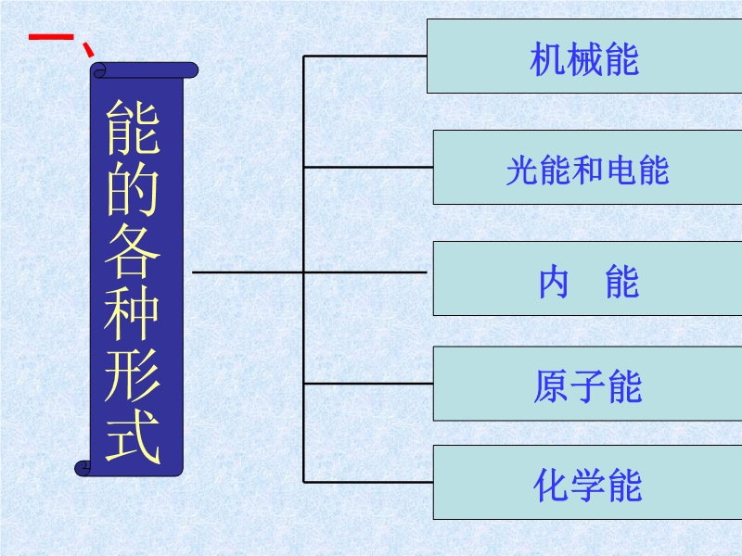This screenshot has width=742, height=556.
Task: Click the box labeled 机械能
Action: (x=584, y=57)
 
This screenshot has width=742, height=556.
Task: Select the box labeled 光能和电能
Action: (x=588, y=168)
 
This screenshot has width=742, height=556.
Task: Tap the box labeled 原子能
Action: (x=588, y=384)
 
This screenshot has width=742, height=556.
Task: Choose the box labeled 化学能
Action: (x=588, y=482)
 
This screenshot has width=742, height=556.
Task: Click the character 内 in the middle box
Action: (x=554, y=282)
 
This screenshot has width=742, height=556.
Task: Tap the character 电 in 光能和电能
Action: (x=620, y=171)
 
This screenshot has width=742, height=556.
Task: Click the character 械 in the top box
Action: (x=584, y=59)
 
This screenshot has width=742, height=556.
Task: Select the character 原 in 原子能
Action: (x=551, y=386)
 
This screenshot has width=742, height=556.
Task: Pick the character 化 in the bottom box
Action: (x=551, y=486)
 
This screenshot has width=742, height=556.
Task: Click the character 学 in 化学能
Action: (x=588, y=486)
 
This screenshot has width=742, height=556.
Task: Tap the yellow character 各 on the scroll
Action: (x=132, y=250)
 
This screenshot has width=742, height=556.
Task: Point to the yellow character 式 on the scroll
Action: (x=132, y=436)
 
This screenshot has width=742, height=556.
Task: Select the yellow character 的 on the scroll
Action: (x=132, y=189)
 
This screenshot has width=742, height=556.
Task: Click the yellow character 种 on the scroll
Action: (x=132, y=312)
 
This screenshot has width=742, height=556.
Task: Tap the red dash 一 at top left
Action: (x=51, y=37)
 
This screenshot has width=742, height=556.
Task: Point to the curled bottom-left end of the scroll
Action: (x=83, y=468)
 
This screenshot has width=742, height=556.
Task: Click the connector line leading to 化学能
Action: (x=368, y=482)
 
